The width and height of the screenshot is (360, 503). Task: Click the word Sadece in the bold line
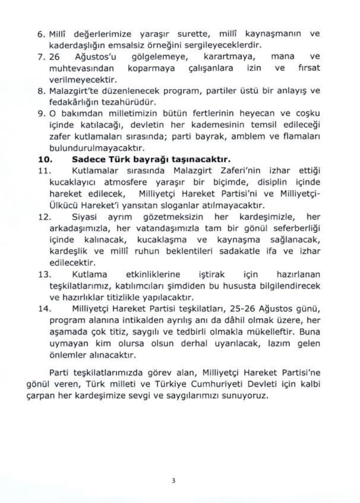click(x=86, y=159)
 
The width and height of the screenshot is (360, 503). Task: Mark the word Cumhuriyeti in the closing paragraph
click(x=218, y=385)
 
